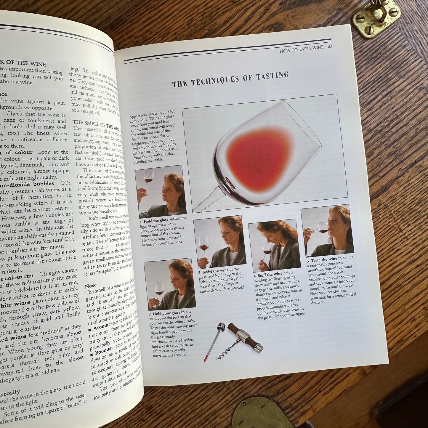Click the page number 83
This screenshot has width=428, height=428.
[330, 46]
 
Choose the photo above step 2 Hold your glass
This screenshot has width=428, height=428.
[169, 284]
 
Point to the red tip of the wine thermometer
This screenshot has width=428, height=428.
[205, 359]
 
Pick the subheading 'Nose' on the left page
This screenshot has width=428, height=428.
[91, 286]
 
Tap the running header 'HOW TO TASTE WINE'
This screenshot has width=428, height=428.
[301, 49]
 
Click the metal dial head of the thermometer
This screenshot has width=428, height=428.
[221, 327]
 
